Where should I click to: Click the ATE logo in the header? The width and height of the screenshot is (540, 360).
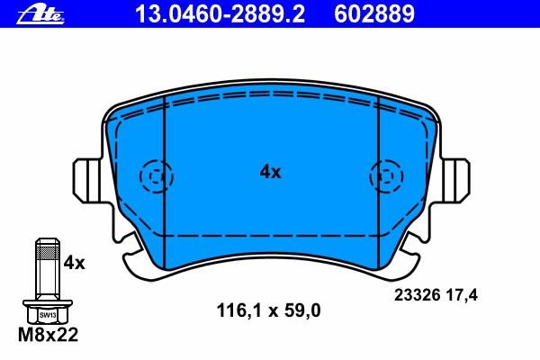tap(40, 14)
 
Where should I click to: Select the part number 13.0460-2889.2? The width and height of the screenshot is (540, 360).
tap(220, 14)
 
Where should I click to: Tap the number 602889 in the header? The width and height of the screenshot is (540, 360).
tap(374, 14)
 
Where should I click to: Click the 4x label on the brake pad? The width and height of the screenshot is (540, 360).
tap(270, 172)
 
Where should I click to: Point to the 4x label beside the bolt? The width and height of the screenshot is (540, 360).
tap(74, 263)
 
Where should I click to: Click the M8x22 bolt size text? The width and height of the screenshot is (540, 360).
tap(49, 335)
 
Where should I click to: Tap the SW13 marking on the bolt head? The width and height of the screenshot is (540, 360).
tap(48, 315)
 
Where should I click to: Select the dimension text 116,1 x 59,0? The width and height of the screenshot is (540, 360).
tap(268, 310)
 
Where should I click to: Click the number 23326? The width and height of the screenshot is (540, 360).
tap(417, 295)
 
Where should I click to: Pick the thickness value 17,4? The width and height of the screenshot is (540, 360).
tap(462, 295)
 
